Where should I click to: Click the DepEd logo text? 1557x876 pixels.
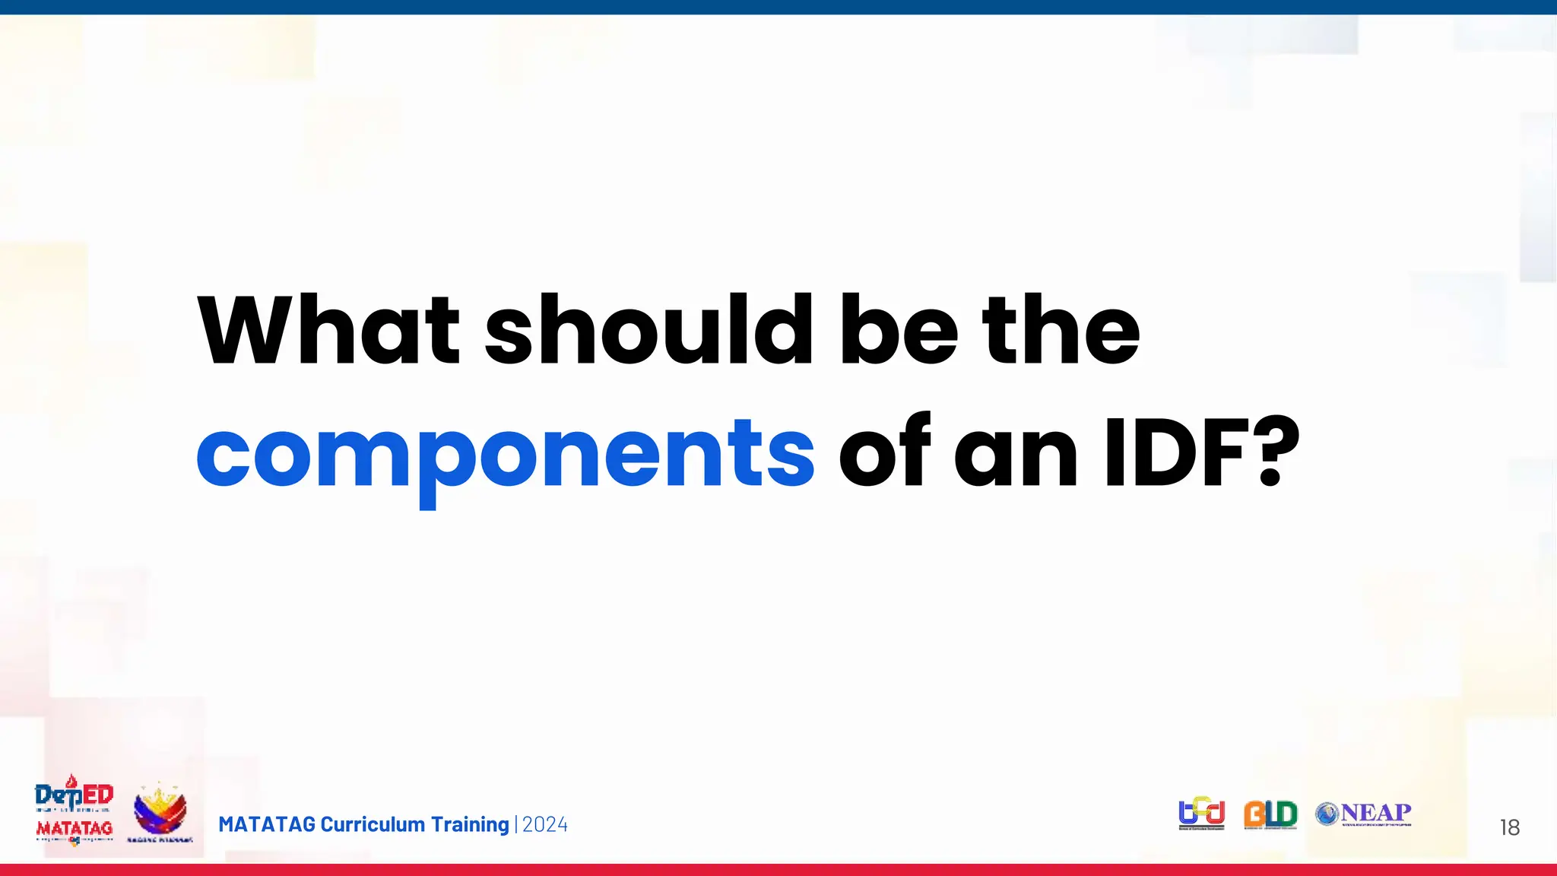click(x=75, y=795)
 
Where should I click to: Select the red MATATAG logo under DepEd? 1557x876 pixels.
click(x=75, y=829)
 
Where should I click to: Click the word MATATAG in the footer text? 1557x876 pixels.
click(x=267, y=824)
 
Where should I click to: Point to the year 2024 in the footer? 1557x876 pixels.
click(x=545, y=824)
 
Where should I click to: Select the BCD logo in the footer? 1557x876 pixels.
click(x=1201, y=814)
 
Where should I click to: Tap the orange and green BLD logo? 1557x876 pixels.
click(x=1270, y=814)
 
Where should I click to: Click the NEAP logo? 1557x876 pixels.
click(x=1365, y=814)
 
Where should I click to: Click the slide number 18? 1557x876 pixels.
click(x=1509, y=827)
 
